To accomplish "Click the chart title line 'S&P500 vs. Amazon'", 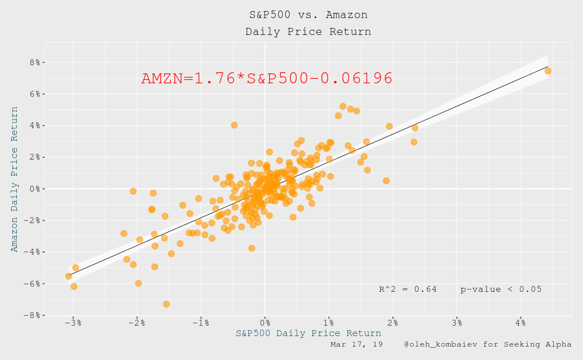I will (x=308, y=15).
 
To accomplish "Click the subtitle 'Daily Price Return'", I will (x=308, y=31).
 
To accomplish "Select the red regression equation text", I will (x=266, y=79).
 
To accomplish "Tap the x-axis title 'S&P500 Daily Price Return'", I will (x=308, y=333).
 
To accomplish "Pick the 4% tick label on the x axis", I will (x=521, y=322).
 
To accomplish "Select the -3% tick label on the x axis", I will (x=73, y=322).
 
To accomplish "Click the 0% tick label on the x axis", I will (x=265, y=322).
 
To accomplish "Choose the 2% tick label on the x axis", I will (x=393, y=322).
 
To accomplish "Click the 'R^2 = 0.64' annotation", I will (x=408, y=289).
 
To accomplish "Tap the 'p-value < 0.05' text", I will (x=501, y=289).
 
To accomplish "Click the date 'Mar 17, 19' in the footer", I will (x=356, y=345).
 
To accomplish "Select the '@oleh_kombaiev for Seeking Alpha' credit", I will (x=487, y=345).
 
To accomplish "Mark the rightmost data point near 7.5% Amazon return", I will (x=547, y=71).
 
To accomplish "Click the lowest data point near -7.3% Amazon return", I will (x=166, y=304).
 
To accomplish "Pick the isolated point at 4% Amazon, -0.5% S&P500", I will (x=234, y=125).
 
